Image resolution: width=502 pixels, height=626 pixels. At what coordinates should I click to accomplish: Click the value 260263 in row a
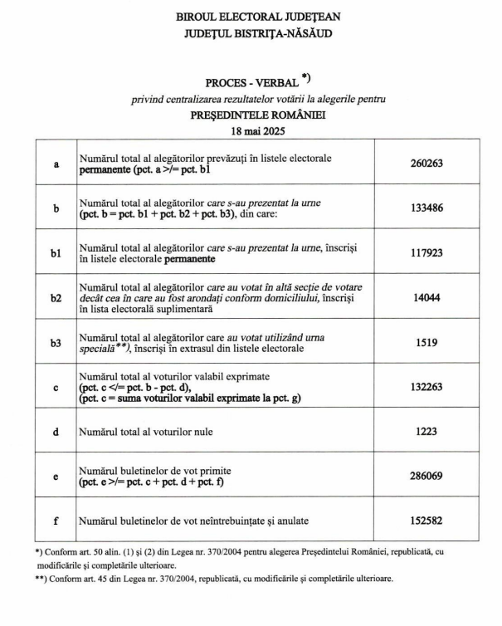[426, 164]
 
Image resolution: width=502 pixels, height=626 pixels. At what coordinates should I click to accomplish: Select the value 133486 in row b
[426, 208]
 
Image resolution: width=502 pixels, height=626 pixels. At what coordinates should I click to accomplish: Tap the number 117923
[426, 253]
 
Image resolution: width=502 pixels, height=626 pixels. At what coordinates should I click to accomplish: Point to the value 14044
[426, 298]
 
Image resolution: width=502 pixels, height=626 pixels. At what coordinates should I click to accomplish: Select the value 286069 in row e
[426, 477]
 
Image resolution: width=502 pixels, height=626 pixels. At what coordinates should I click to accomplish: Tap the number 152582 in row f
[426, 521]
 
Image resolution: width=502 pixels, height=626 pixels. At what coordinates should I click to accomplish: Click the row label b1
[56, 253]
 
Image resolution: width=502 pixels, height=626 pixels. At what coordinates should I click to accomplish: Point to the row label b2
[56, 298]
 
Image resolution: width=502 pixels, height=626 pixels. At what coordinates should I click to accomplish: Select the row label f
[56, 521]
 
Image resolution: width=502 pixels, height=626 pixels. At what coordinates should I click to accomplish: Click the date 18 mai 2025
[257, 131]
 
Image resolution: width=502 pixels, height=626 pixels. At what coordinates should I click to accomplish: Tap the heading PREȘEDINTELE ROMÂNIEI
[257, 115]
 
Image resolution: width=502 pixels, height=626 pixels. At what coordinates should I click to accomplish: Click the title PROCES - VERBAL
[252, 83]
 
